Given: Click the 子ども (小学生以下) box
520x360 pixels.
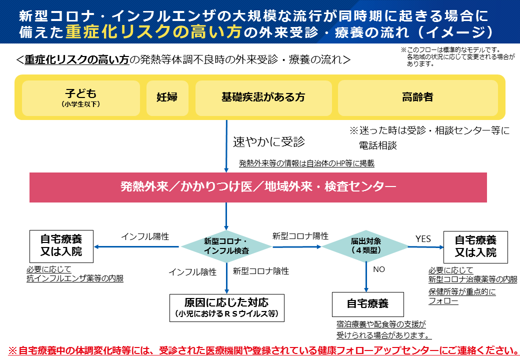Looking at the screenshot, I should tap(81, 97).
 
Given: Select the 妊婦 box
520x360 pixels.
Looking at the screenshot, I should tap(167, 97).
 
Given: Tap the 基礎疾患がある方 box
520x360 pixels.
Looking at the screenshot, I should tap(263, 97).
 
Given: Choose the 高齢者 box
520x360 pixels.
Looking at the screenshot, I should tap(417, 97).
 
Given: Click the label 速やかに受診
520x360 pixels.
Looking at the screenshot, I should tap(268, 141).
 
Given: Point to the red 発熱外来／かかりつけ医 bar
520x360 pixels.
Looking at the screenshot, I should tap(258, 187).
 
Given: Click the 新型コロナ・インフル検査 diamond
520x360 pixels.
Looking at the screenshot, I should tap(226, 246).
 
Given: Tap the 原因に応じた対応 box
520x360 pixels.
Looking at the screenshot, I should tap(226, 307).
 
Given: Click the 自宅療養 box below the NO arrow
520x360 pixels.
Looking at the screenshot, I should tap(367, 304).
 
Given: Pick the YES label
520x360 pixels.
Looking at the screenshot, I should tap(423, 239).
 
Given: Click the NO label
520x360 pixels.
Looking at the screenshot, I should tap(379, 269).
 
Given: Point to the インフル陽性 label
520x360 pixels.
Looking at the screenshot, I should tap(145, 236).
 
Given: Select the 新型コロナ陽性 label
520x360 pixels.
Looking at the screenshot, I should tap(300, 236).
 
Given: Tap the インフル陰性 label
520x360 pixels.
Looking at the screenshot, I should tap(192, 272).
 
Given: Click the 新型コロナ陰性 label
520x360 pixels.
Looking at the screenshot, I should tap(260, 271).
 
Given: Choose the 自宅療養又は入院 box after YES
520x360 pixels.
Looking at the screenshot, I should tap(475, 246).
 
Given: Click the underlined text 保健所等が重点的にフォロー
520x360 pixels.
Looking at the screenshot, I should tap(461, 296).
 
